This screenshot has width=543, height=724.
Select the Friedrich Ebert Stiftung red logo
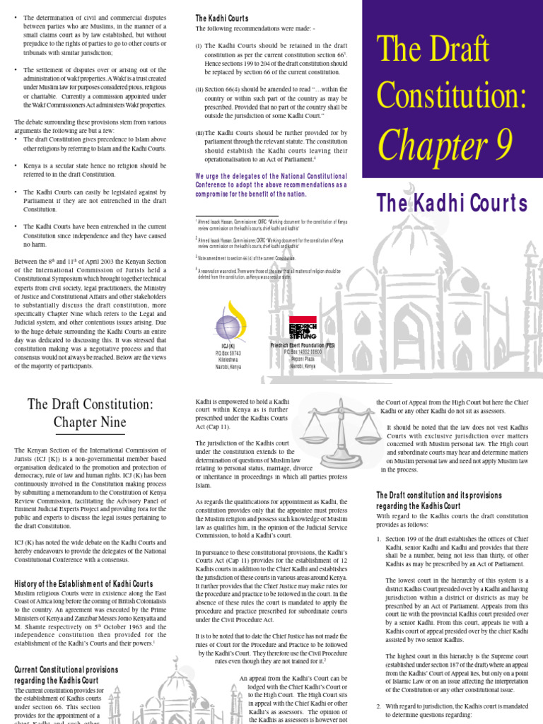[303, 327]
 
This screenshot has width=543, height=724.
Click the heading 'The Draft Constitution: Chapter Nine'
[90, 414]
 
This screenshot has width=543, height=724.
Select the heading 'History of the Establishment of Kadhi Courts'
[83, 583]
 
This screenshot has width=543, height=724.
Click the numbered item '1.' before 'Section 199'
[379, 539]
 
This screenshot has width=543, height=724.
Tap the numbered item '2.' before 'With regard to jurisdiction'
[379, 706]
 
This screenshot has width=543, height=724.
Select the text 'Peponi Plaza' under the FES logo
[303, 359]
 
